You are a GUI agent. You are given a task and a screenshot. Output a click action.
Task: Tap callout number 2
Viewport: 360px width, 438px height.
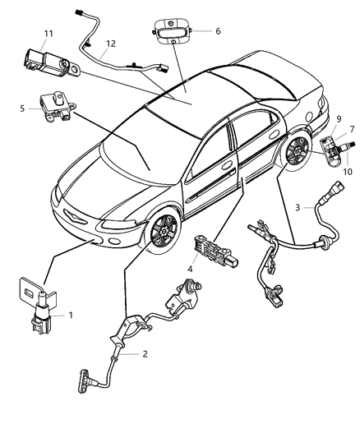click(x=145, y=355)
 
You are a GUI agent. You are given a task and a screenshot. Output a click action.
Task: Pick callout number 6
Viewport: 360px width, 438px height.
click(x=218, y=31)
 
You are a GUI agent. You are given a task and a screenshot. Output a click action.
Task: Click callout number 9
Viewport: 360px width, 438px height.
click(x=339, y=119)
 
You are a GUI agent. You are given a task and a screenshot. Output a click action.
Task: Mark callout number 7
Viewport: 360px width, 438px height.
click(x=350, y=129)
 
